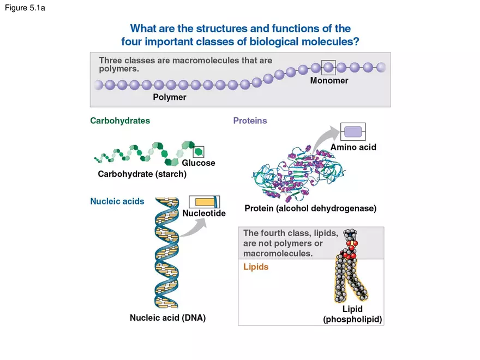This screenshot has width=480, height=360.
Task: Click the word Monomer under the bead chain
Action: coord(329,81)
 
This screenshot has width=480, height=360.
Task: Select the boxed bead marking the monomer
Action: coord(328,67)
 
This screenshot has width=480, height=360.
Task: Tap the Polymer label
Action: coord(169,97)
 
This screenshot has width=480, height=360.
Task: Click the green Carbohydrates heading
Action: coord(120,121)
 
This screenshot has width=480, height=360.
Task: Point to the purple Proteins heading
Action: coord(250,121)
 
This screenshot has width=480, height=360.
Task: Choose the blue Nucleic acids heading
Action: coord(117,201)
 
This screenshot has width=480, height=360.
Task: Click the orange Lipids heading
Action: coord(255,267)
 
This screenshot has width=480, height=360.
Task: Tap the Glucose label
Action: coord(199,163)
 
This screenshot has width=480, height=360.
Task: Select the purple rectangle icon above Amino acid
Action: coord(353,131)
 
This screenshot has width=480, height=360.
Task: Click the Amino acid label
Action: coord(353,147)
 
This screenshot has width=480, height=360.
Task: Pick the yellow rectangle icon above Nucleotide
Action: coord(203,202)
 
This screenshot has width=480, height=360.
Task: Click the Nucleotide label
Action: coord(203,213)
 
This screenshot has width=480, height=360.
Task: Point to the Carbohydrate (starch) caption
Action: coord(142,175)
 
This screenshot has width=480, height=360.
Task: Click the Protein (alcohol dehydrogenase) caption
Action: coord(310,208)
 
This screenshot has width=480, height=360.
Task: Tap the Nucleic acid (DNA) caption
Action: coord(167,317)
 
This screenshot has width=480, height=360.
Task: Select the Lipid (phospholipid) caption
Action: coord(352,315)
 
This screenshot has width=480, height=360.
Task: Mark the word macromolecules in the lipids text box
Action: coord(278,254)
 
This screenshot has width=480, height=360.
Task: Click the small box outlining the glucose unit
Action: coord(199,151)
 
